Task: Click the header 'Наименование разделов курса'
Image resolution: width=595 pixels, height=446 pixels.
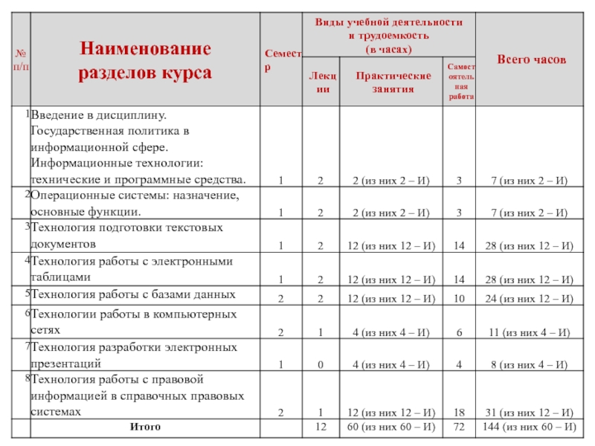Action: coord(146,62)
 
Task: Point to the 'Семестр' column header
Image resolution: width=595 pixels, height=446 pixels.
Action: coord(283,59)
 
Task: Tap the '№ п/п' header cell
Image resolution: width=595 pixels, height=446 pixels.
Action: coord(20,59)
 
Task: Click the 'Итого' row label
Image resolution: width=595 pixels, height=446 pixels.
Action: coord(145,427)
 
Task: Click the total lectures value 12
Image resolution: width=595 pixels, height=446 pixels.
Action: coord(321,427)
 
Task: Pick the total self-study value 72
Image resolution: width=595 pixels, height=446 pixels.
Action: coord(460,427)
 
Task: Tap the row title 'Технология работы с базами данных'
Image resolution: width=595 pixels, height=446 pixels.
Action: coord(133,294)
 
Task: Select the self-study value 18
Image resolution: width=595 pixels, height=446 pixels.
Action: coord(460,413)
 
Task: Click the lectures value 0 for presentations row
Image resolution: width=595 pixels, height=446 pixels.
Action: coord(320,365)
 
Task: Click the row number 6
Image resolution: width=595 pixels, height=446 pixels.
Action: coord(27,314)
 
